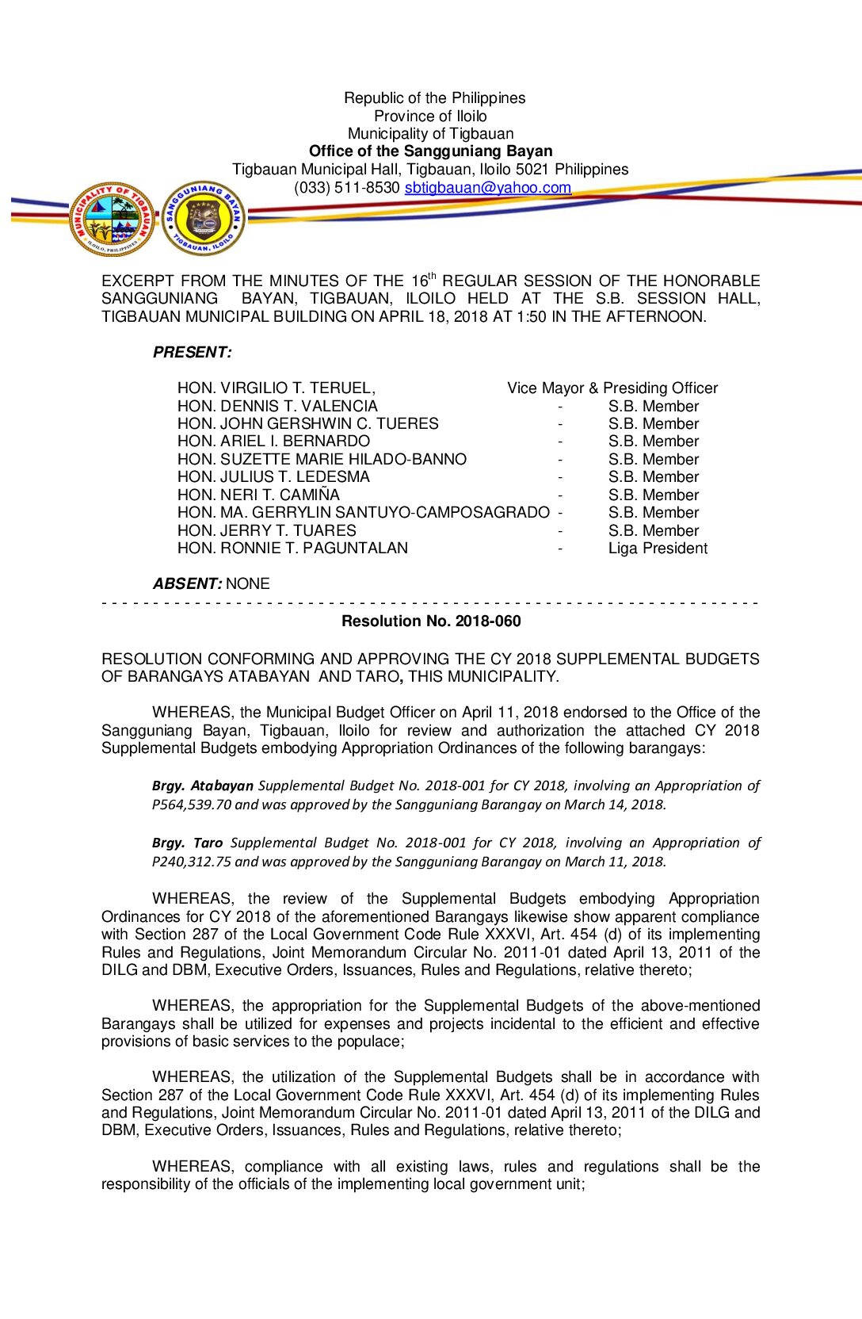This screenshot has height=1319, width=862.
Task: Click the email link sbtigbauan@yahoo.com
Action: [x=487, y=188]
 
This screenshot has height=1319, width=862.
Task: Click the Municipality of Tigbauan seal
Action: [x=113, y=219]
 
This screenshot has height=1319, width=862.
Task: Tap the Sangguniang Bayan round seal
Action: [x=204, y=219]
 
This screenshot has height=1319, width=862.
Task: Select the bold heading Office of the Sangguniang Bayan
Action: [x=430, y=151]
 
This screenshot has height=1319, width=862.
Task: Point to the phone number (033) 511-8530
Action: [x=346, y=188]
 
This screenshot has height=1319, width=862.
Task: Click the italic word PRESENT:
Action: [x=192, y=353]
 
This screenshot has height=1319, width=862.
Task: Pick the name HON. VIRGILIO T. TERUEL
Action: [x=276, y=388]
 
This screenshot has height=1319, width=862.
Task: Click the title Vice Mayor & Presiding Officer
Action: [x=612, y=388]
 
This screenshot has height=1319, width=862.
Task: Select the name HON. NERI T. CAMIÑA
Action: [x=258, y=495]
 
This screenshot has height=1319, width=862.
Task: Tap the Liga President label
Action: [x=658, y=549]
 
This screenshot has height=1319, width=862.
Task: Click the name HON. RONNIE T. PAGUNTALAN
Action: [x=292, y=549]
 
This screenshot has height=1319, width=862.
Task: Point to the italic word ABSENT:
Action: [x=187, y=584]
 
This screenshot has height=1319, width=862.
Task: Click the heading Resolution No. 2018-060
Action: [x=431, y=621]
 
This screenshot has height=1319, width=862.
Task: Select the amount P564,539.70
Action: [x=192, y=805]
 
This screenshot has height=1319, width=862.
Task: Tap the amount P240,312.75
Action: [x=192, y=862]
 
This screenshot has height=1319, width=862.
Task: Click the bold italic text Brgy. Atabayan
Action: [x=203, y=786]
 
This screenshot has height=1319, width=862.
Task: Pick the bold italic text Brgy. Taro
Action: [x=187, y=843]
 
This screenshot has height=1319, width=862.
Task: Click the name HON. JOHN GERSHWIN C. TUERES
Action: [x=307, y=424]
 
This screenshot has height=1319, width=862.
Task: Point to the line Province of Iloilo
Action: [x=430, y=117]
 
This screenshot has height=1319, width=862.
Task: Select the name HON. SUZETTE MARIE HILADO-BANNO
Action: [x=322, y=460]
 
